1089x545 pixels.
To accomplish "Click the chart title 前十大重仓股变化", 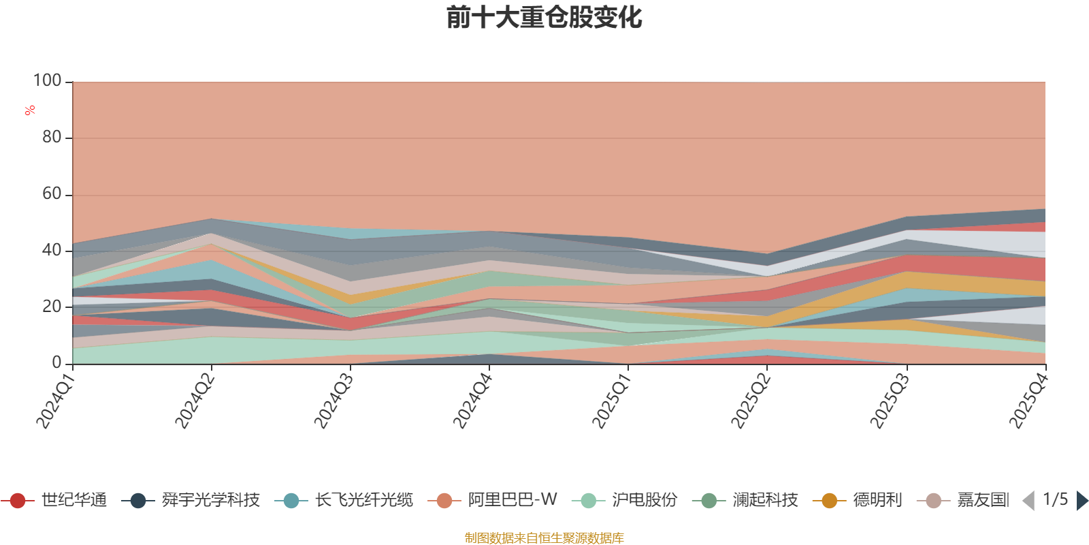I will [x=544, y=18].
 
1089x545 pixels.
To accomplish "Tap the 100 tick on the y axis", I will [x=47, y=81].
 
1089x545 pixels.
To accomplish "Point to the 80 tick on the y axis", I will [x=50, y=138].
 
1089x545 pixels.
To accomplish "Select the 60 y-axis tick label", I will [x=50, y=194].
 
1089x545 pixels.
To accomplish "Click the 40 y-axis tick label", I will [x=50, y=250].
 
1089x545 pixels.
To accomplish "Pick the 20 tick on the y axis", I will [x=50, y=307].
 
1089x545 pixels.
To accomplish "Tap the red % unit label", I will [x=30, y=110].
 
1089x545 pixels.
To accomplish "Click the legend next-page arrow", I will [x=1082, y=501].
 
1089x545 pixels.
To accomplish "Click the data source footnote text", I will [x=544, y=538].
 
